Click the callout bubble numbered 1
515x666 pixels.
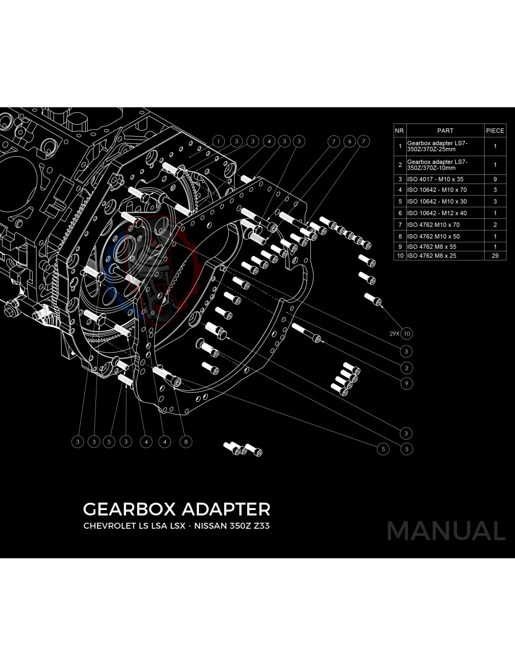(219, 141)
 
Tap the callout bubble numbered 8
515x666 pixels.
(186, 441)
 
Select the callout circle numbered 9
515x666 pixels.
(406, 383)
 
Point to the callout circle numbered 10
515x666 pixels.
(406, 333)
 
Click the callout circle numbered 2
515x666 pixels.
(406, 368)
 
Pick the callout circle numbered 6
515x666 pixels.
(349, 141)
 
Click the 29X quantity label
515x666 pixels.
(394, 334)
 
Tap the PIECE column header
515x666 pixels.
(495, 131)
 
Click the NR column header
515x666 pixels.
(399, 131)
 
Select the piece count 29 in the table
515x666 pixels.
(495, 256)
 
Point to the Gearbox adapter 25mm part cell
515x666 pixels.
(437, 146)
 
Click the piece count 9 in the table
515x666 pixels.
(495, 179)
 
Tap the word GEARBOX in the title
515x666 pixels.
(129, 509)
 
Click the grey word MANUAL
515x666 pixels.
(446, 531)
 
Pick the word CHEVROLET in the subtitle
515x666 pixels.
(109, 525)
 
